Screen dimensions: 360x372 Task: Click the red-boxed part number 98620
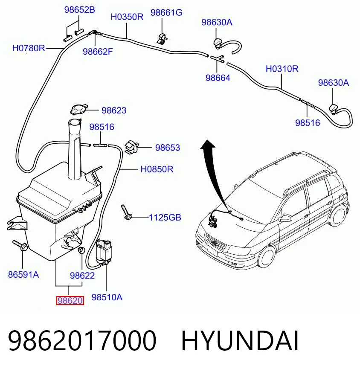tap(70, 301)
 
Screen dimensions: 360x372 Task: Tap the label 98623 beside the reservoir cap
tap(114, 110)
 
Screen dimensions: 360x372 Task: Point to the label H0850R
tap(157, 169)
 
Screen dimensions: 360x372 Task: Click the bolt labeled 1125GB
tap(126, 212)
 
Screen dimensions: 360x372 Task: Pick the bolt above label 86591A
tap(20, 246)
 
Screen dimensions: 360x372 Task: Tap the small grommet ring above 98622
tap(81, 250)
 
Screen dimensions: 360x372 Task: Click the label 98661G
tap(166, 12)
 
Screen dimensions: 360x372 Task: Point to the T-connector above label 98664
tap(217, 58)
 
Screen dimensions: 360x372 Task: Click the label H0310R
tap(282, 69)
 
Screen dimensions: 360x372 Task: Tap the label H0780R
tap(29, 48)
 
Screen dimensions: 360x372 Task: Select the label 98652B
tap(79, 10)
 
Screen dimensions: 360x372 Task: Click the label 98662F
tap(98, 52)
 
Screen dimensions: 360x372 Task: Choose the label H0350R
tap(127, 17)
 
